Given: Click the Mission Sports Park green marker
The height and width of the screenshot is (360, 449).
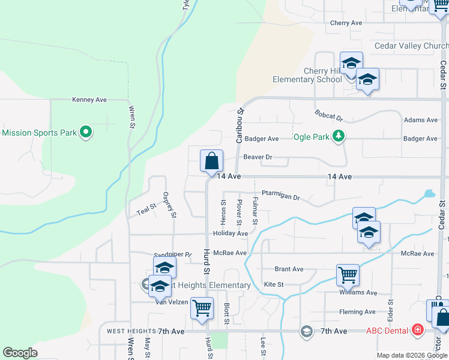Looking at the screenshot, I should point(85,132).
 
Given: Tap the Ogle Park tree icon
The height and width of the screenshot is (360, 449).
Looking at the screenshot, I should point(339,137).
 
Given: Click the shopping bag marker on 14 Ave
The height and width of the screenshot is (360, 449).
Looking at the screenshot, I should point(211,161).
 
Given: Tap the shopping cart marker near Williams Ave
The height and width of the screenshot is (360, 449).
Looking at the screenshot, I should point(348,275).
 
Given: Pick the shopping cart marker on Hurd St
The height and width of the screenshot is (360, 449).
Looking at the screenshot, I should point(202,308).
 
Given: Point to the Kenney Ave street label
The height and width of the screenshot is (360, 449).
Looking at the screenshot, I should point(89,100).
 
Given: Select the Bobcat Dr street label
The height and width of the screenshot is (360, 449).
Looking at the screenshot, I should point(328,115).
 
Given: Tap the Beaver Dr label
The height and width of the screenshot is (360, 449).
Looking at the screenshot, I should point(258,157).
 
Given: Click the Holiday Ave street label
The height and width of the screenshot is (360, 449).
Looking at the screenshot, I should point(230,233).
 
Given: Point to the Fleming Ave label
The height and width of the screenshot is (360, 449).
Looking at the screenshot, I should point(357,311).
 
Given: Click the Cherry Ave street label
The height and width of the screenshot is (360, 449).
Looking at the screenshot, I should point(346,23).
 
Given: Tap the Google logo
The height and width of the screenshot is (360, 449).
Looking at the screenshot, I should point(20,353).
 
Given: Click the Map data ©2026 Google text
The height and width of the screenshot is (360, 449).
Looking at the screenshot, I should point(411,355).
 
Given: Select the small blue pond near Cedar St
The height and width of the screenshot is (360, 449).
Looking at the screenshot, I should point(429,194).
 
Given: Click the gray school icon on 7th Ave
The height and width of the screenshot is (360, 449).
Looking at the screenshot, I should point(307,331).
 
